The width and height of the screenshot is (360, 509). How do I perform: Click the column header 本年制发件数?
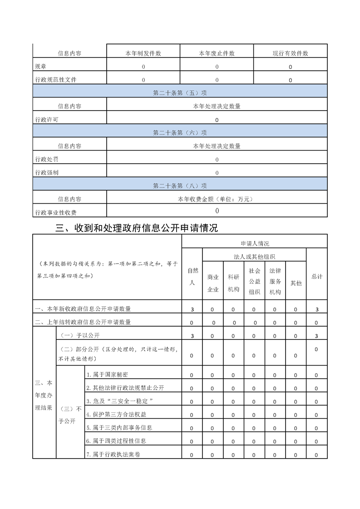click(143, 54)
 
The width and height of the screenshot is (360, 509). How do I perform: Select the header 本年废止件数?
click(217, 54)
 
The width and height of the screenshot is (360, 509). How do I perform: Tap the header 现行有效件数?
click(290, 54)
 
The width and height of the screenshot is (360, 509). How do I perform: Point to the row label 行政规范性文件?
click(56, 80)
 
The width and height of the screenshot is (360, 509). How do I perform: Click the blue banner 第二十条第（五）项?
click(180, 93)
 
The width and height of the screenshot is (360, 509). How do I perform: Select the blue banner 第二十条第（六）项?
click(180, 133)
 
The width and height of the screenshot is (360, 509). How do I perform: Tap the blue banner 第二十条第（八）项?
click(180, 186)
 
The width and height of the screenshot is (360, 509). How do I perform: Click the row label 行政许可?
click(47, 120)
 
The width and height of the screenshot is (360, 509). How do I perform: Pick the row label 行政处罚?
click(47, 159)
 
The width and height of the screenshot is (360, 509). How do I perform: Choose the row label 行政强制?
click(47, 172)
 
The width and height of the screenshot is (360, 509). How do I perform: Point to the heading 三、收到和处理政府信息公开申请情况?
click(136, 228)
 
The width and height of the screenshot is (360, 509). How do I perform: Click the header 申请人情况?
click(254, 244)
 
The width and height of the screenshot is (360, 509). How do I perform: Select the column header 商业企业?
click(213, 283)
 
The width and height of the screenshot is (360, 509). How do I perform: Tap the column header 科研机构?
click(233, 283)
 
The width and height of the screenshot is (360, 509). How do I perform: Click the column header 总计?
click(316, 276)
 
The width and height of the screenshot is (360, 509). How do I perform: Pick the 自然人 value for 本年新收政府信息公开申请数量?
click(192, 309)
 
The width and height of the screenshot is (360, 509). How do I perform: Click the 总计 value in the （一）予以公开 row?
click(316, 336)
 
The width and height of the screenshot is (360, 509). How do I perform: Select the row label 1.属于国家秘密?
click(107, 375)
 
